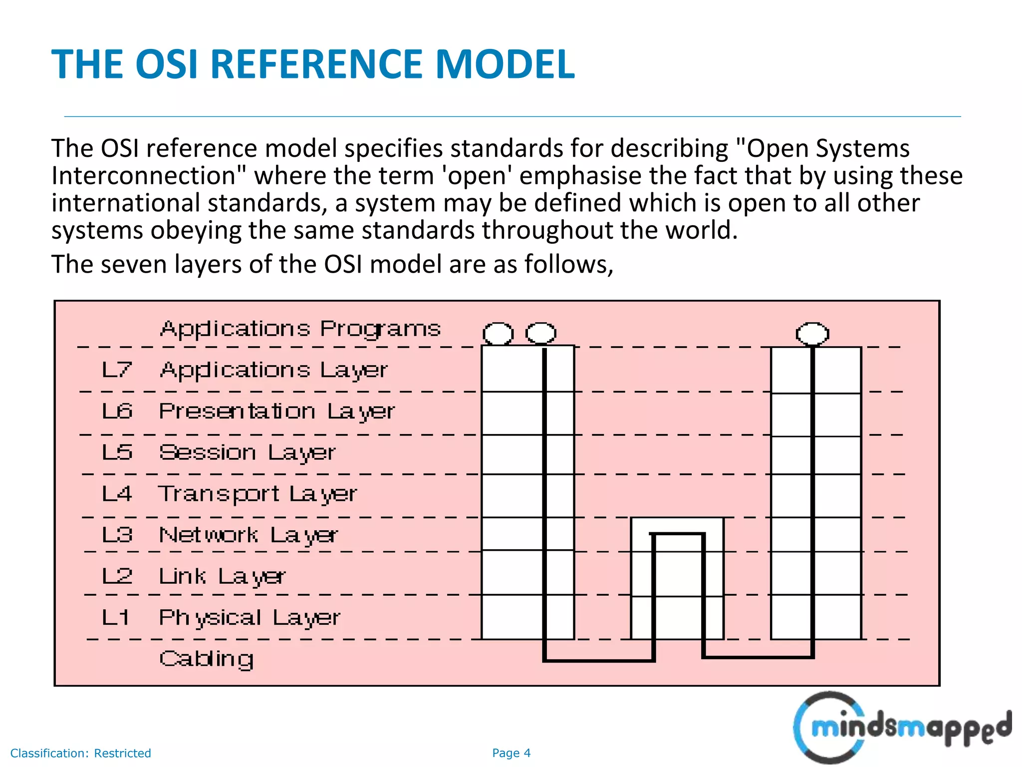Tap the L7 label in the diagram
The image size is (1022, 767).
click(x=117, y=370)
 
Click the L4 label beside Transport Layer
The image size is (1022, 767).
click(x=117, y=494)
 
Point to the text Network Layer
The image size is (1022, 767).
click(x=249, y=535)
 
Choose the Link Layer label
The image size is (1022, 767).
click(x=222, y=577)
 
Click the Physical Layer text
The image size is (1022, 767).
click(x=250, y=618)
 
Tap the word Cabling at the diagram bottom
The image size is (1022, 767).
click(x=207, y=659)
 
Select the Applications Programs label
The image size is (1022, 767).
click(x=300, y=329)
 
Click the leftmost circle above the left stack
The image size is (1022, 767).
click(x=498, y=333)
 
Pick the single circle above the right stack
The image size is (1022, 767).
click(x=812, y=333)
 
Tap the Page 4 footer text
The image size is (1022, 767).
click(x=511, y=753)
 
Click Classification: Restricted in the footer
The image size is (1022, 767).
click(x=80, y=753)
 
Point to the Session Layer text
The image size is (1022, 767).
click(x=248, y=452)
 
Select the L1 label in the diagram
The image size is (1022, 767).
click(x=116, y=618)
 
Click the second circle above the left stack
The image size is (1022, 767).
click(x=541, y=333)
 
